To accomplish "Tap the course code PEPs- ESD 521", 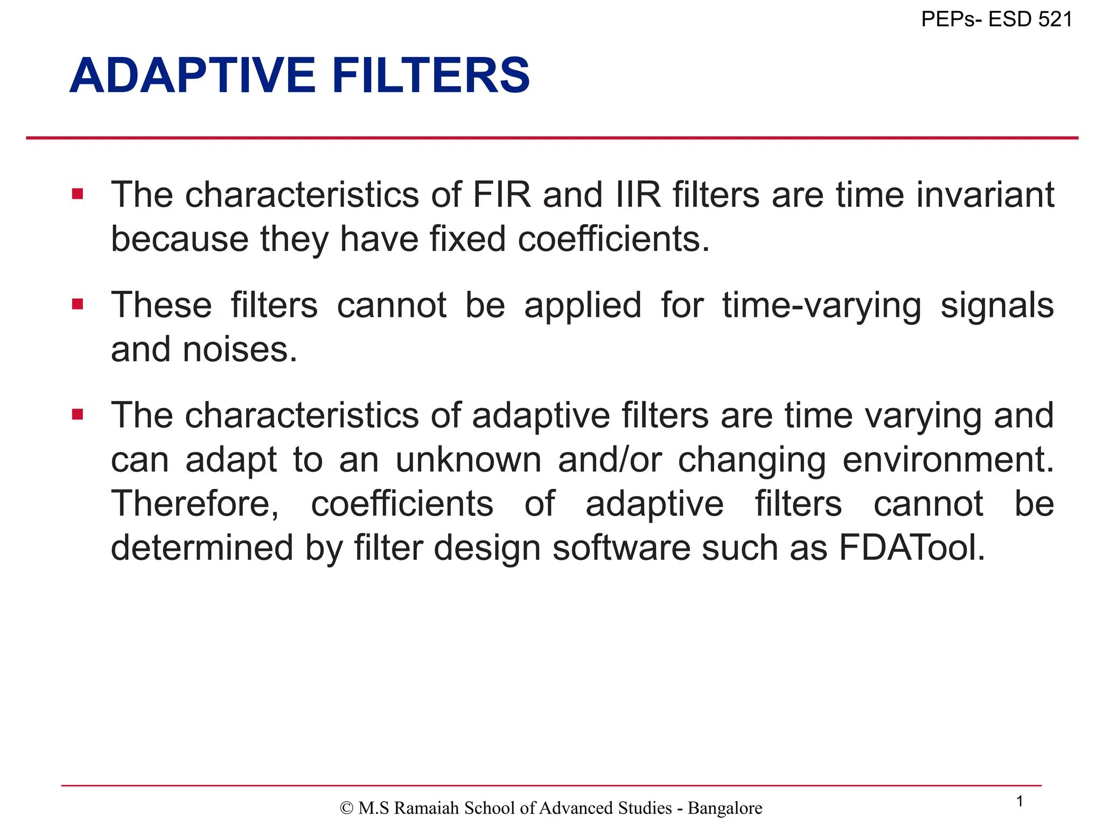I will [996, 19].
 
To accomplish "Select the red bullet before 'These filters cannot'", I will [78, 304].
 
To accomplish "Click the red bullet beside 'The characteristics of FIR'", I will [78, 194].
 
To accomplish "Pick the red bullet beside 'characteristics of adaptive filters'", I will [78, 415].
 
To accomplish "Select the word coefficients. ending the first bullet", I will [613, 239].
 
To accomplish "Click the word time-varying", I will [821, 306].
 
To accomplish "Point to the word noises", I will [240, 349].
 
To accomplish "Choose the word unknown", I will [468, 460].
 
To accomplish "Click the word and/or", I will [610, 460].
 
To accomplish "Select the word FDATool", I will [912, 548].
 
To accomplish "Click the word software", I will [621, 548].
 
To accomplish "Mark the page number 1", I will [1019, 802].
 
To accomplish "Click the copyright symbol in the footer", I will [347, 808].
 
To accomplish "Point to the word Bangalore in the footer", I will [725, 808].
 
